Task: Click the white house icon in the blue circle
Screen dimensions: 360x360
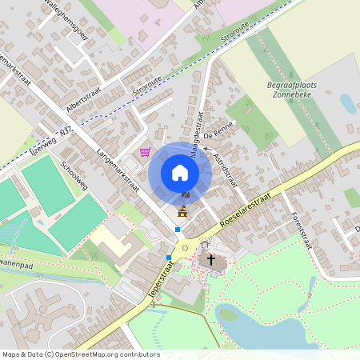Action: pyautogui.click(x=180, y=173)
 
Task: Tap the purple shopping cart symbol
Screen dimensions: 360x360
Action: pyautogui.click(x=146, y=152)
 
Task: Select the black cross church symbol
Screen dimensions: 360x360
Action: pyautogui.click(x=212, y=260)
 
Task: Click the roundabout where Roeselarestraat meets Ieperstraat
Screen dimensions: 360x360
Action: pyautogui.click(x=185, y=247)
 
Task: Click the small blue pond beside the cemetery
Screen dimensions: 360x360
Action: pyautogui.click(x=348, y=103)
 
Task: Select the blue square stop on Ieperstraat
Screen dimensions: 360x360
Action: pyautogui.click(x=169, y=258)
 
